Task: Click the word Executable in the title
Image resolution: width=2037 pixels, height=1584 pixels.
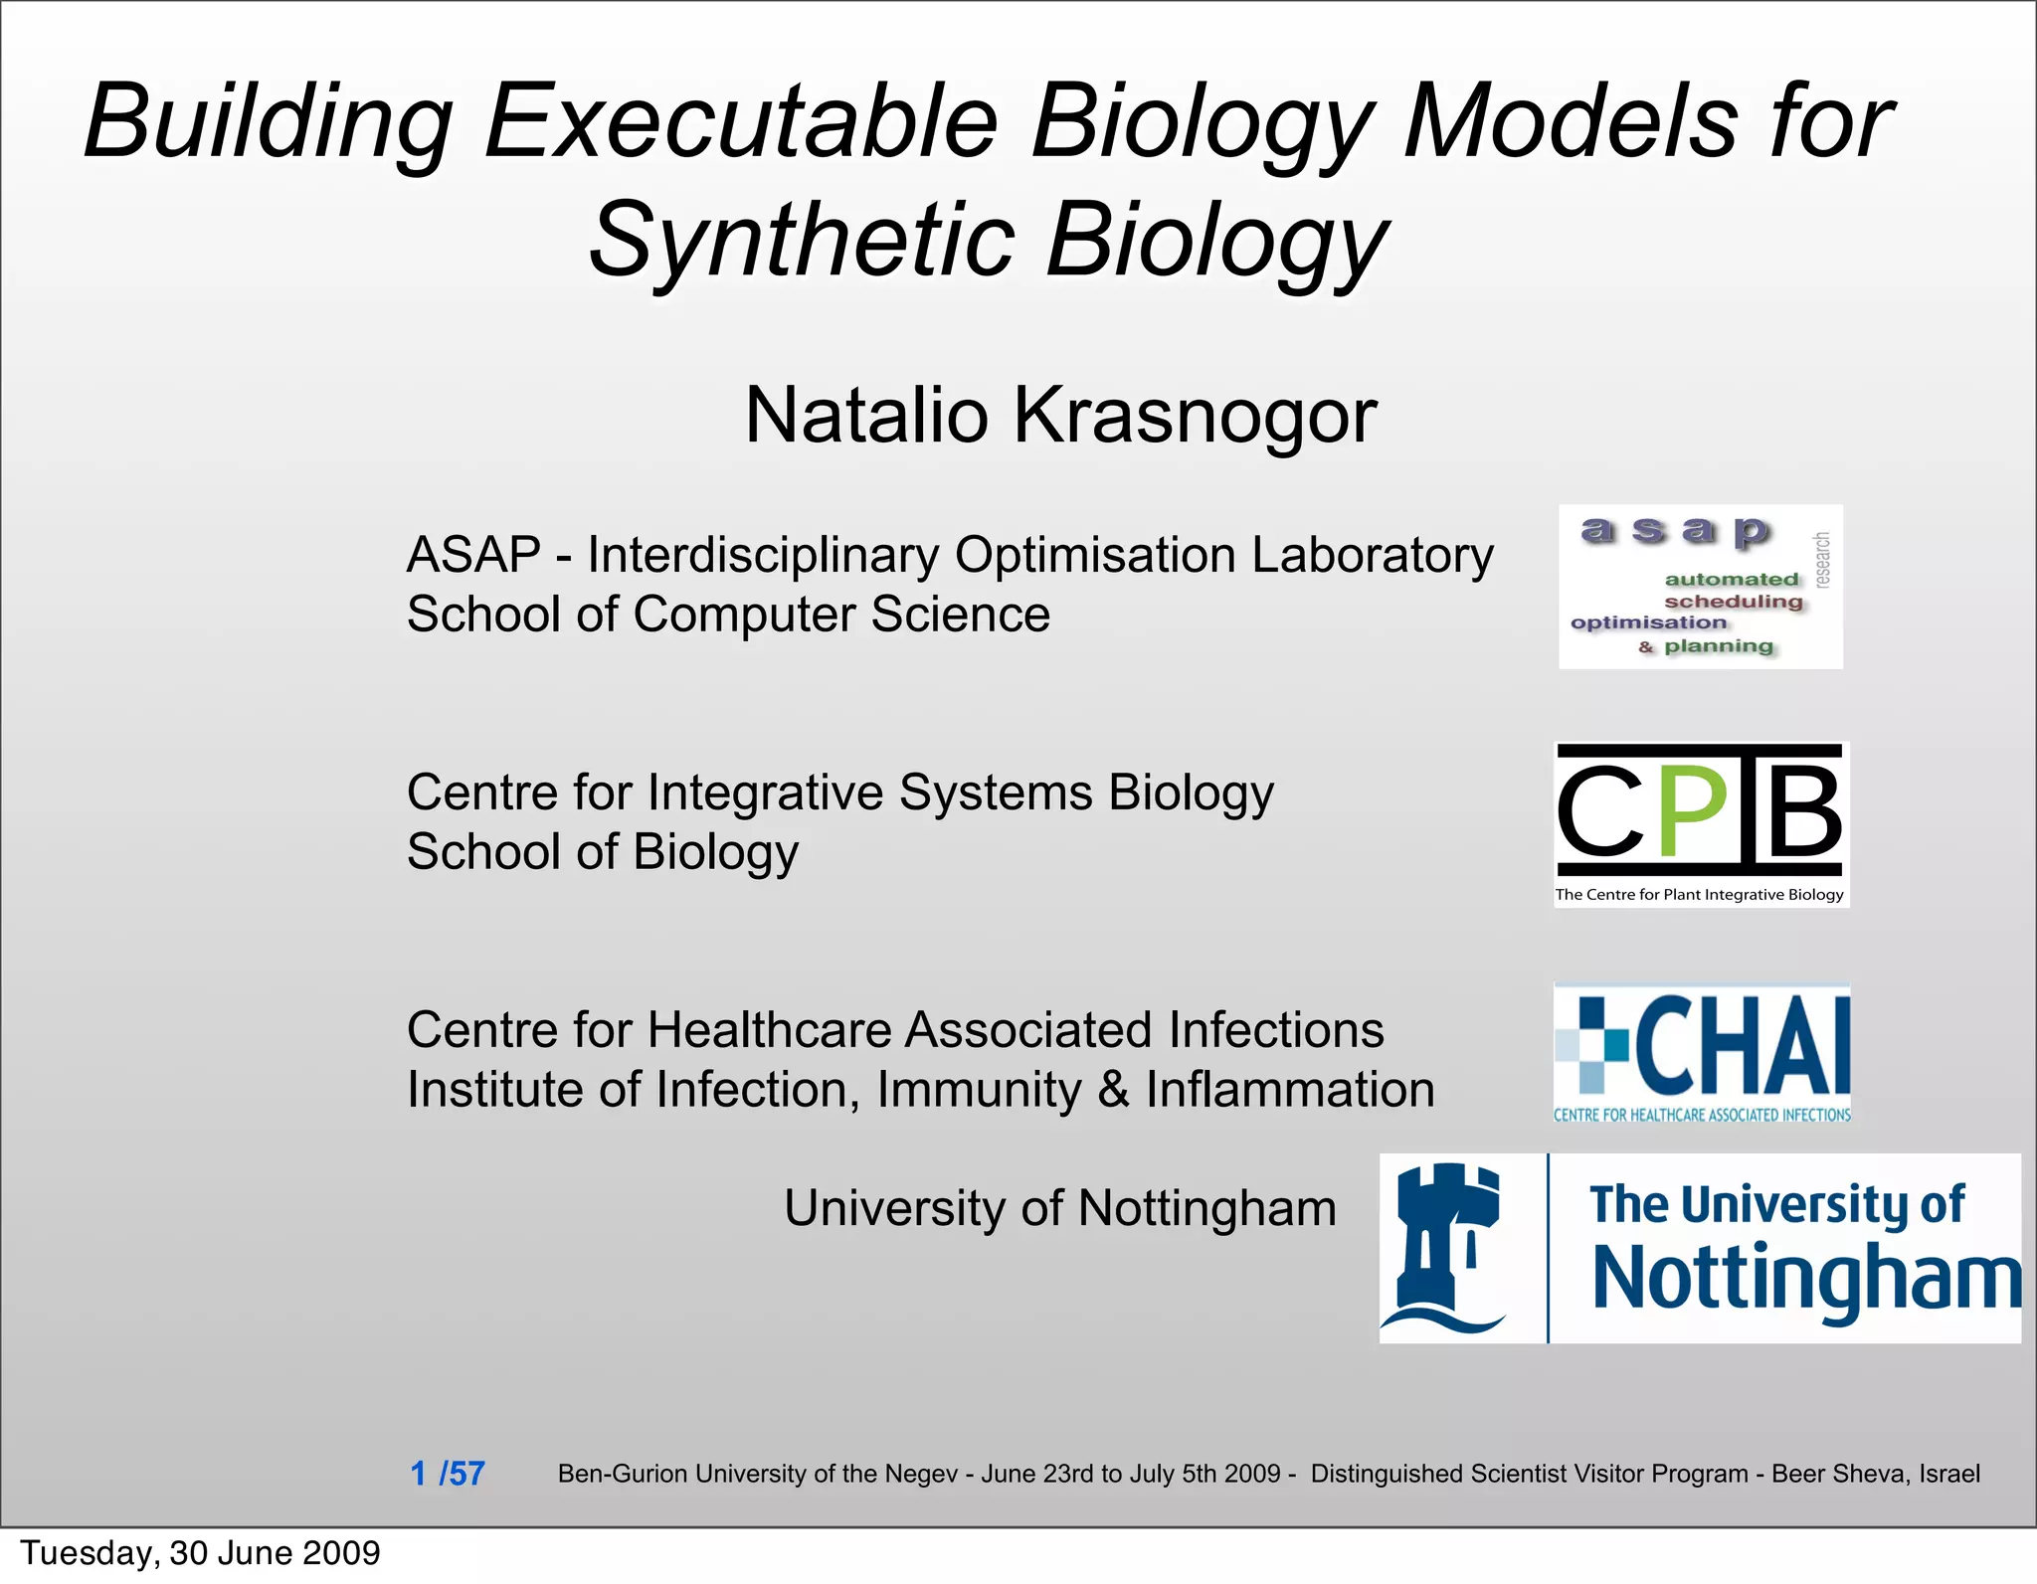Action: [x=741, y=122]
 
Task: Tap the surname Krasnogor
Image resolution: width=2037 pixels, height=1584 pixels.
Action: [x=1195, y=416]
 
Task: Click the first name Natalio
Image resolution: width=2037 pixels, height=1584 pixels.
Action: [x=866, y=416]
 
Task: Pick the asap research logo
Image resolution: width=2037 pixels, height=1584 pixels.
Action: [x=1700, y=587]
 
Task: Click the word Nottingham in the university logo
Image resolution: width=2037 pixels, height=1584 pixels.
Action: [x=1805, y=1279]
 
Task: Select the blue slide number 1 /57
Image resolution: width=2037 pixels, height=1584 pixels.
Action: [x=448, y=1473]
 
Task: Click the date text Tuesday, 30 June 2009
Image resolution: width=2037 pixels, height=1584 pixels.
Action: [x=200, y=1552]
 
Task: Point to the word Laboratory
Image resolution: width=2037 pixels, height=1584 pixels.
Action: [x=1372, y=555]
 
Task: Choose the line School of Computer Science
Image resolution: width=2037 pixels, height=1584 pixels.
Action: [x=728, y=615]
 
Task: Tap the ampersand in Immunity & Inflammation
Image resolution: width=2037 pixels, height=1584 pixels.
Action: [x=1113, y=1090]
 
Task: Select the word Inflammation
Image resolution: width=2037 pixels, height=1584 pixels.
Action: [x=1290, y=1090]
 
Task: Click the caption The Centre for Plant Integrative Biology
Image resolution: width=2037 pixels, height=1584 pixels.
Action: [x=1699, y=895]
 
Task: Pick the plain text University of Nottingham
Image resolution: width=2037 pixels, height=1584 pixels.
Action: [x=1059, y=1209]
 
